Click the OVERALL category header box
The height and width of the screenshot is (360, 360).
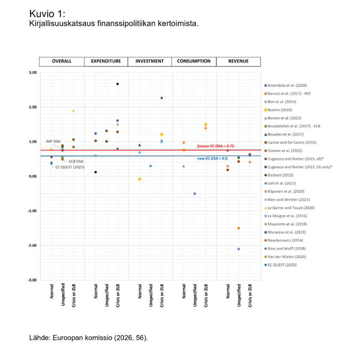(x=62, y=61)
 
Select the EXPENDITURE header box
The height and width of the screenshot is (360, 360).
(x=106, y=61)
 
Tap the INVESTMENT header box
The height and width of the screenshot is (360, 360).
(x=150, y=61)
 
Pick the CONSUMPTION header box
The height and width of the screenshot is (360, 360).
(x=194, y=61)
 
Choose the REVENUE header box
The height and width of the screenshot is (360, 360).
(x=238, y=61)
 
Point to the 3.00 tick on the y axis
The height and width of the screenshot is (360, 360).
(x=33, y=72)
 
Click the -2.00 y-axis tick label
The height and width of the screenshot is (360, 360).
(x=32, y=246)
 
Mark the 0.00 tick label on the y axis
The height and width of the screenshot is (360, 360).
(x=33, y=176)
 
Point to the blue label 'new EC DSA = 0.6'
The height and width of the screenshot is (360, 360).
(x=212, y=159)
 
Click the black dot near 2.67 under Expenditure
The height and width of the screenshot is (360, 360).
(x=117, y=84)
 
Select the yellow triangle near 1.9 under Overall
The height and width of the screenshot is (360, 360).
(x=73, y=111)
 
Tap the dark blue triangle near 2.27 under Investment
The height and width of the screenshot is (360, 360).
(x=162, y=98)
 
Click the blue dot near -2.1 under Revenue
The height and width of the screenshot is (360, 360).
(x=239, y=249)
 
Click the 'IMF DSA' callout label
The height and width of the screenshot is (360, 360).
(x=53, y=141)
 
